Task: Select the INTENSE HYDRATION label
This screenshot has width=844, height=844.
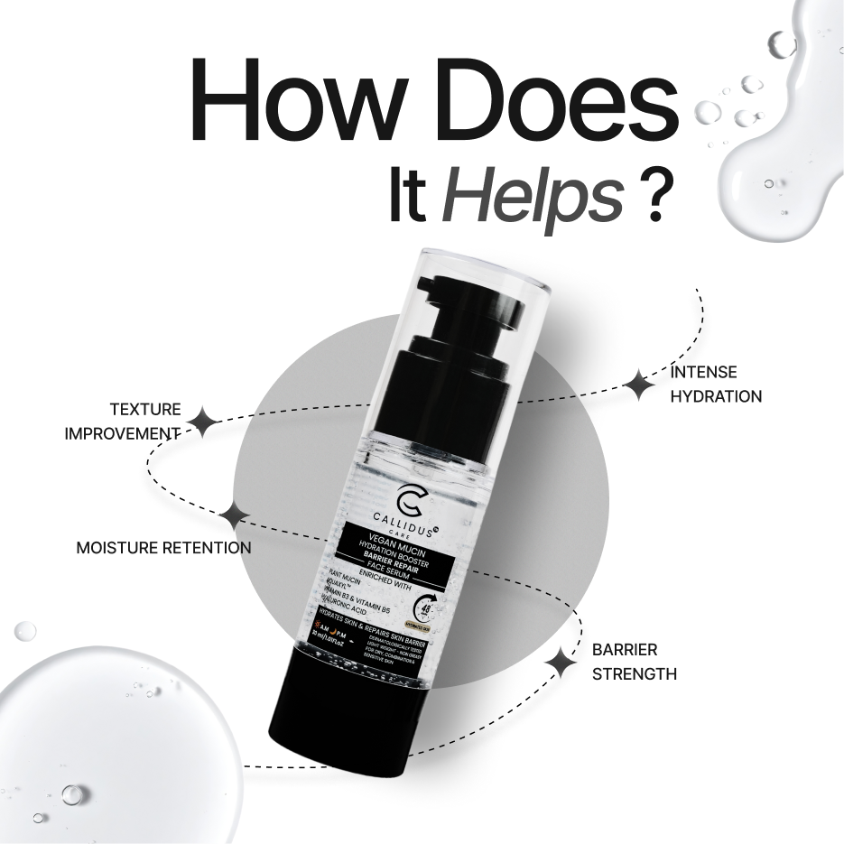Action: point(715,384)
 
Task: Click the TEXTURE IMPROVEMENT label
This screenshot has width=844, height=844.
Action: point(124,422)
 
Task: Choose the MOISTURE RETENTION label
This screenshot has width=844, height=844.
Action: point(163,548)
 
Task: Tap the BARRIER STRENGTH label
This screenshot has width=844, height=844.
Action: point(634,662)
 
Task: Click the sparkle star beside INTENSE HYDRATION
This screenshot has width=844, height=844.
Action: point(640,385)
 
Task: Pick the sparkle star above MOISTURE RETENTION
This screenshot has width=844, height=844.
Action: point(237,515)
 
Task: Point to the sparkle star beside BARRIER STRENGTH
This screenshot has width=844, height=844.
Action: point(561,663)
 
